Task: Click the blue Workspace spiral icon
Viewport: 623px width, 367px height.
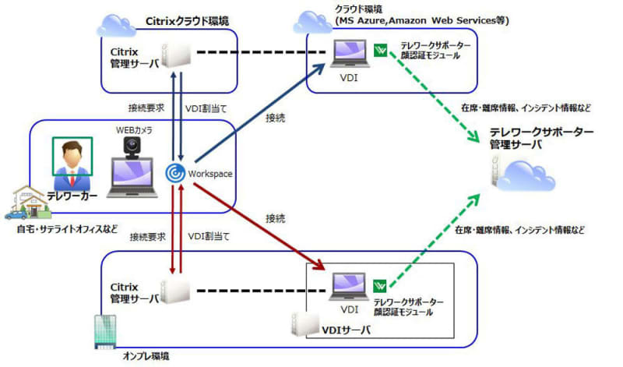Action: pyautogui.click(x=175, y=173)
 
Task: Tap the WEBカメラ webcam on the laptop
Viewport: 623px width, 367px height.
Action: pyautogui.click(x=132, y=147)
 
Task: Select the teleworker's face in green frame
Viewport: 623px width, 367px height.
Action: pyautogui.click(x=72, y=157)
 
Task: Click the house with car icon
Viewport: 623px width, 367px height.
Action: pyautogui.click(x=28, y=203)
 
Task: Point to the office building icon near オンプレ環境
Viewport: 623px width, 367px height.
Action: pyautogui.click(x=105, y=332)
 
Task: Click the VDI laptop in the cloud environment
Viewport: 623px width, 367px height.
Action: pyautogui.click(x=349, y=54)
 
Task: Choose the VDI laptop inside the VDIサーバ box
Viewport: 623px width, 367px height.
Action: pyautogui.click(x=349, y=287)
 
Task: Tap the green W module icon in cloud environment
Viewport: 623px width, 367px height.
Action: pyautogui.click(x=380, y=50)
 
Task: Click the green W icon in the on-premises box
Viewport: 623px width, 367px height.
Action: pyautogui.click(x=380, y=286)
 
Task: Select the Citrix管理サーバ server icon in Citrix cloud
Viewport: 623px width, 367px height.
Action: pyautogui.click(x=176, y=55)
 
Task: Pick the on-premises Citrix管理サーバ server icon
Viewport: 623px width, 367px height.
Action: pyautogui.click(x=175, y=291)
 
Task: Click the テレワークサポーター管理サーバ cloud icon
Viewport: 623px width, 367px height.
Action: pyautogui.click(x=523, y=174)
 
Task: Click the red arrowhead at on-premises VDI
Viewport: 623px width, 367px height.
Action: pyautogui.click(x=320, y=265)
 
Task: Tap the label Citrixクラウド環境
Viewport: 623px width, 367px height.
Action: pyautogui.click(x=187, y=21)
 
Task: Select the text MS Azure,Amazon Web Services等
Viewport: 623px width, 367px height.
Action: pyautogui.click(x=422, y=21)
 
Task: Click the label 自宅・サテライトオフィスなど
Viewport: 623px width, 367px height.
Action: pyautogui.click(x=67, y=229)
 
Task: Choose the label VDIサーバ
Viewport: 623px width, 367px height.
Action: pyautogui.click(x=346, y=330)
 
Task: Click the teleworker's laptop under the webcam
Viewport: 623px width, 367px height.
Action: pyautogui.click(x=132, y=178)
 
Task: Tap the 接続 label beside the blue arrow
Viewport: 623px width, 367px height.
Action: pyautogui.click(x=275, y=118)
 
